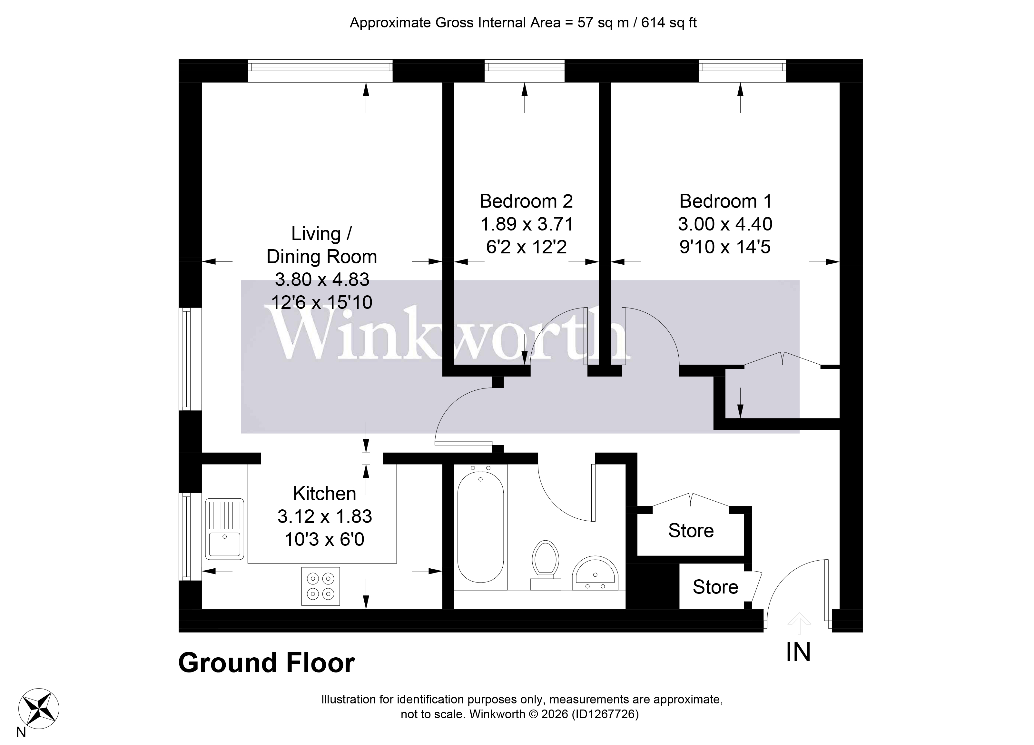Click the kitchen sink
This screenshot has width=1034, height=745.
(x=224, y=529)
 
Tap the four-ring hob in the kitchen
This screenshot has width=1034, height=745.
(x=320, y=586)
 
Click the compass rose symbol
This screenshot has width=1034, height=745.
(x=38, y=709)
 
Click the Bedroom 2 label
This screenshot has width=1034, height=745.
(x=526, y=201)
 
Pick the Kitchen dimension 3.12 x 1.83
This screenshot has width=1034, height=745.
(x=325, y=516)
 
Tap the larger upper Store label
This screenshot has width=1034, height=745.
(x=691, y=531)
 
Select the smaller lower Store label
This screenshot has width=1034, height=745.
(x=715, y=587)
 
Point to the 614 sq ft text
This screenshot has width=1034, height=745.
(x=669, y=23)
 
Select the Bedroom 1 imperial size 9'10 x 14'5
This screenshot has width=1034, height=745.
(x=725, y=247)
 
